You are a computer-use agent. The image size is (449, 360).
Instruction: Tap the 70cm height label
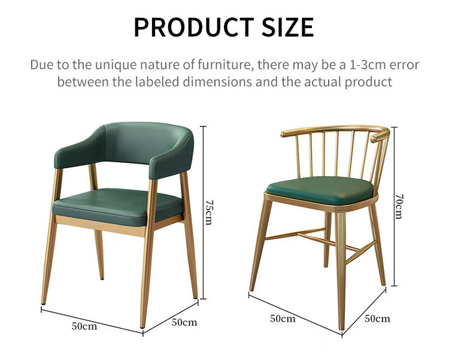pyautogui.click(x=399, y=207)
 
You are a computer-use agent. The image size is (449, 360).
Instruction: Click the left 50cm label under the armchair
pyautogui.click(x=84, y=326)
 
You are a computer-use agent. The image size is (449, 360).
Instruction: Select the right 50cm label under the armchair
pyautogui.click(x=184, y=322)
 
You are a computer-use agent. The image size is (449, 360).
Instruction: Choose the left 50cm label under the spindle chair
pyautogui.click(x=283, y=319)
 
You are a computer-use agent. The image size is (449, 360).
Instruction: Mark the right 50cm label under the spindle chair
pyautogui.click(x=377, y=318)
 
